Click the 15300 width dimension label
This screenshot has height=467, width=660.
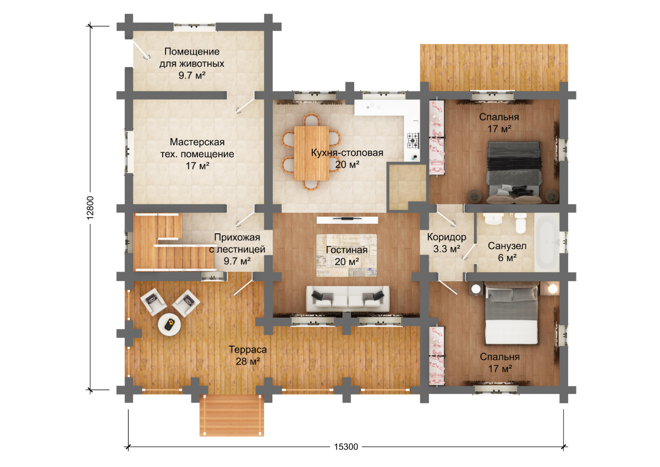[346, 447]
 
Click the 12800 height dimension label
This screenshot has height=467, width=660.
[90, 208]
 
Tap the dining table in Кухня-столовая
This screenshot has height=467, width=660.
[311, 153]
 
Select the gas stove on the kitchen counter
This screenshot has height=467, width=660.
[413, 141]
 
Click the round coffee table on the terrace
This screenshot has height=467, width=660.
[169, 325]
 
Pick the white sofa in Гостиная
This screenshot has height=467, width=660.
[348, 299]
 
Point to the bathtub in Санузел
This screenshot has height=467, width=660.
[547, 242]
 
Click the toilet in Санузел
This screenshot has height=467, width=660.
[521, 223]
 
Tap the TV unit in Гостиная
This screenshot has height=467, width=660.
[348, 220]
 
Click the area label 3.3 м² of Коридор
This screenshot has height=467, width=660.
[447, 249]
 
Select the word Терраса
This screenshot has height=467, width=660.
[248, 349]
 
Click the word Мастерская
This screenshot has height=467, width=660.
[197, 142]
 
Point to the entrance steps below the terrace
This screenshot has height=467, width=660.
[232, 415]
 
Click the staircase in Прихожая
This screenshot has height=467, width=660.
[173, 241]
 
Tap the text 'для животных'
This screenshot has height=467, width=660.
[192, 64]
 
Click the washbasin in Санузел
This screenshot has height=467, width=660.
[492, 219]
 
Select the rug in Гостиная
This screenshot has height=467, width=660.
[346, 255]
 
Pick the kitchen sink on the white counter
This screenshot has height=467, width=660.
[373, 106]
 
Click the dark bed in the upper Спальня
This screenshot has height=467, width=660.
[514, 172]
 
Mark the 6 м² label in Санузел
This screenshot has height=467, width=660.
[507, 258]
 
